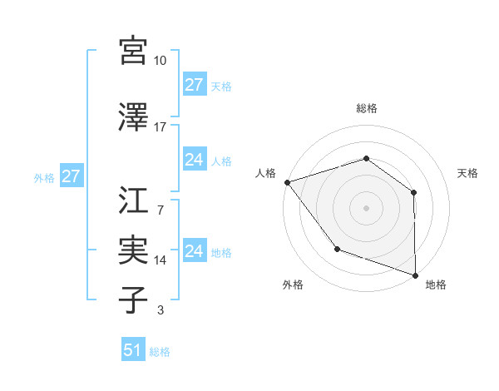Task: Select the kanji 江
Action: pyautogui.click(x=133, y=200)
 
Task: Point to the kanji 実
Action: pyautogui.click(x=133, y=250)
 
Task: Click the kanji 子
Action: pyautogui.click(x=133, y=299)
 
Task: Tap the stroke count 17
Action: pyautogui.click(x=161, y=127)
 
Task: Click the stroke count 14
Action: pyautogui.click(x=161, y=260)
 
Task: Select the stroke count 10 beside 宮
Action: pyautogui.click(x=161, y=61)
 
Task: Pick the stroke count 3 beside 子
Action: pyautogui.click(x=161, y=311)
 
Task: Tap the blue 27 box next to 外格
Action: pyautogui.click(x=71, y=176)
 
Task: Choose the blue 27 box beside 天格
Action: pyautogui.click(x=194, y=85)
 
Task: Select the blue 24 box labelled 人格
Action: pyautogui.click(x=194, y=160)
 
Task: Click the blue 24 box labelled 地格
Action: pyautogui.click(x=194, y=251)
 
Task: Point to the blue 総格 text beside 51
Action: pyautogui.click(x=160, y=352)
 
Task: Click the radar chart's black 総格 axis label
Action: pyautogui.click(x=366, y=108)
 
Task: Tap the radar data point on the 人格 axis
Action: pyautogui.click(x=287, y=181)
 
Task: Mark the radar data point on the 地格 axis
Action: pyautogui.click(x=415, y=275)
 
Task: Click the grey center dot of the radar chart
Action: pyautogui.click(x=366, y=207)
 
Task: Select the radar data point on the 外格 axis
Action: pyautogui.click(x=337, y=248)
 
